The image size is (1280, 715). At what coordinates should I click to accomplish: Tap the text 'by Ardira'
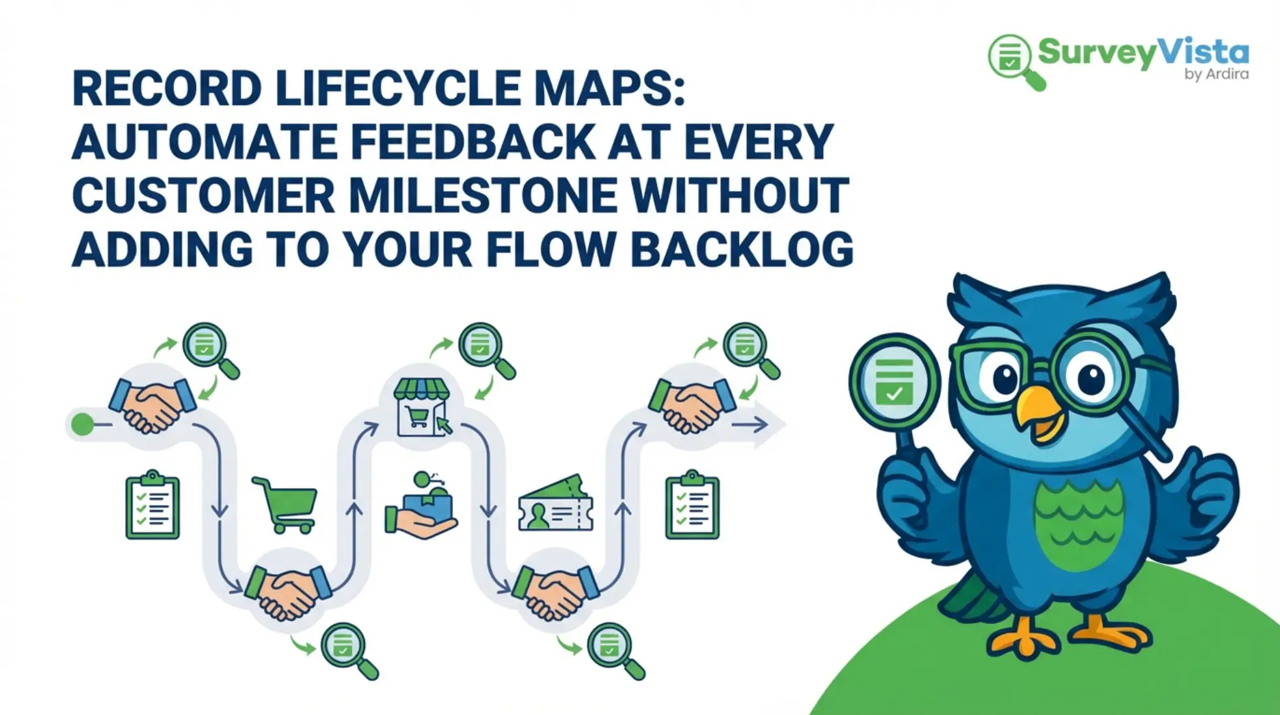(x=1216, y=74)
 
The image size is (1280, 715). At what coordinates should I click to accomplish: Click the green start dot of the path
(x=82, y=425)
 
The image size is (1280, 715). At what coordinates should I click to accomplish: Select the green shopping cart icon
(x=285, y=504)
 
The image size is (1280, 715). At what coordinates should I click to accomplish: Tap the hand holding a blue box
(x=420, y=506)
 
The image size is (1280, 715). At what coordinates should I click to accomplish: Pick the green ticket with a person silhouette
(x=555, y=503)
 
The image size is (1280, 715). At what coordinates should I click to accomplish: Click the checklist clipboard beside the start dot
(x=153, y=504)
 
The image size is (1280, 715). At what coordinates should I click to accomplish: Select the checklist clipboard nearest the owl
(x=692, y=504)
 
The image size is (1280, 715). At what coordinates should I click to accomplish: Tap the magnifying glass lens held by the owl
(x=894, y=382)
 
